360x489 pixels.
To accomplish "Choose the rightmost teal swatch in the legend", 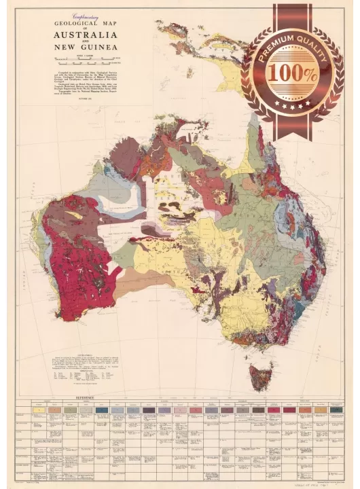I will (x=336, y=410).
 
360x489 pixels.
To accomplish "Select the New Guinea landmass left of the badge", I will (x=204, y=48).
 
